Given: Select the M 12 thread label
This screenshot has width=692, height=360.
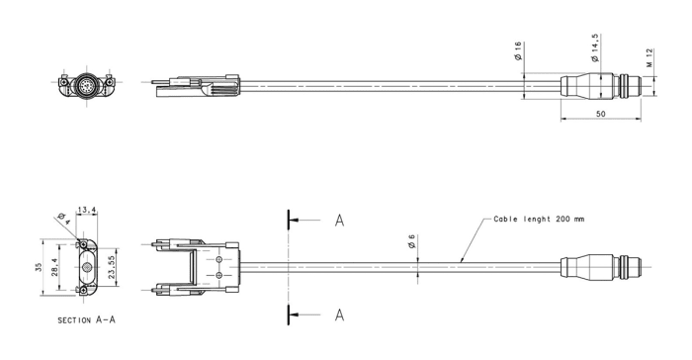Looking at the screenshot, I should point(650,58).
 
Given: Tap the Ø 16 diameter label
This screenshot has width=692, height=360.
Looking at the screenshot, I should point(518,52).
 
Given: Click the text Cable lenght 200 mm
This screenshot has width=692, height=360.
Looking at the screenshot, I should point(539,219).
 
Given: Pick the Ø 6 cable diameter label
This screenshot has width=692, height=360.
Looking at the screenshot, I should point(410,240).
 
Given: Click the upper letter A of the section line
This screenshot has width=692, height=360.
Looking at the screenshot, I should point(339,220).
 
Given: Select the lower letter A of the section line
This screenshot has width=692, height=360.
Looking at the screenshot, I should point(339,315).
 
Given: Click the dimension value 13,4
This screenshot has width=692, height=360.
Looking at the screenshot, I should point(87,210).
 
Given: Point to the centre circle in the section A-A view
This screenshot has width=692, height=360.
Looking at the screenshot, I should point(87,267).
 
